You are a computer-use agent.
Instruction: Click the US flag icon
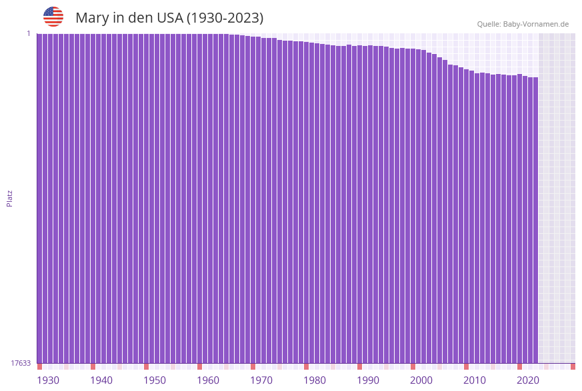(x=53, y=17)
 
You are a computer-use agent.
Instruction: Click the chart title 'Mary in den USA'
(x=169, y=18)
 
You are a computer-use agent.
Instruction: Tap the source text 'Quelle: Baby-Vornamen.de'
(x=523, y=24)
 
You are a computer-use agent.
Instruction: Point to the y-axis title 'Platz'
(x=10, y=198)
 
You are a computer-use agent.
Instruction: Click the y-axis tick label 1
(x=29, y=33)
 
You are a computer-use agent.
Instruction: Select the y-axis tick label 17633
(x=21, y=363)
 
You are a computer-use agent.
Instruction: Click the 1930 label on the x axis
(x=48, y=380)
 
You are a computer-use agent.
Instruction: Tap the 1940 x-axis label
(x=101, y=380)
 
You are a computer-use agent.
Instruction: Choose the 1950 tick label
(x=155, y=380)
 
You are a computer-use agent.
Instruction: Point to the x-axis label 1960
(x=208, y=380)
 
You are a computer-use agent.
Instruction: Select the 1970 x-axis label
(x=261, y=380)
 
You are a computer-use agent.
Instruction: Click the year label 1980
(x=315, y=380)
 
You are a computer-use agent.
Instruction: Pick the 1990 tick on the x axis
(x=368, y=380)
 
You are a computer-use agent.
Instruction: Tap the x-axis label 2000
(x=421, y=380)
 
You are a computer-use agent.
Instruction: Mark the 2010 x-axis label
(x=475, y=380)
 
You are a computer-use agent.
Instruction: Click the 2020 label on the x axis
(x=528, y=380)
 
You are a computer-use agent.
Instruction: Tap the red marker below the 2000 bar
(x=413, y=366)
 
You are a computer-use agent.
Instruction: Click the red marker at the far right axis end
(x=573, y=366)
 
